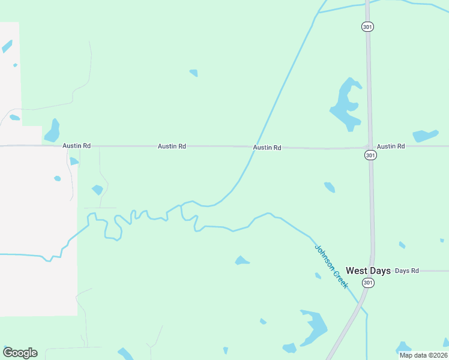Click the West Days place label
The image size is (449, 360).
pos(368,271)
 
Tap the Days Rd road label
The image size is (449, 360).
pos(406,271)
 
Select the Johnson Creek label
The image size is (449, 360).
pos(331,266)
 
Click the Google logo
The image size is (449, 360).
pos(20,353)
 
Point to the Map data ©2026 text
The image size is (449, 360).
pos(423,355)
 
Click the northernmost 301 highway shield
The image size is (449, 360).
pos(367,26)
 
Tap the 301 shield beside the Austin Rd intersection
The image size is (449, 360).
pos(370,155)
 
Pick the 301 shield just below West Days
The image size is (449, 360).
pos(368,283)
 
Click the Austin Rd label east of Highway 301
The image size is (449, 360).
pos(391,146)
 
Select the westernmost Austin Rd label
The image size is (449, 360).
pos(76,146)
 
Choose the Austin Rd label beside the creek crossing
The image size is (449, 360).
pos(267,147)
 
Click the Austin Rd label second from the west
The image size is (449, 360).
pos(172,146)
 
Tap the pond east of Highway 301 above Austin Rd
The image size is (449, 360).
pos(425,136)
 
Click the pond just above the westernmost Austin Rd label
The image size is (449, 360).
pos(53,131)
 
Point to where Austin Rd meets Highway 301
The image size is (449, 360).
pos(369,146)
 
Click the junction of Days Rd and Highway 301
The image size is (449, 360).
pos(373,271)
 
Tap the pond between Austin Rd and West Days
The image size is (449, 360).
pos(330,187)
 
